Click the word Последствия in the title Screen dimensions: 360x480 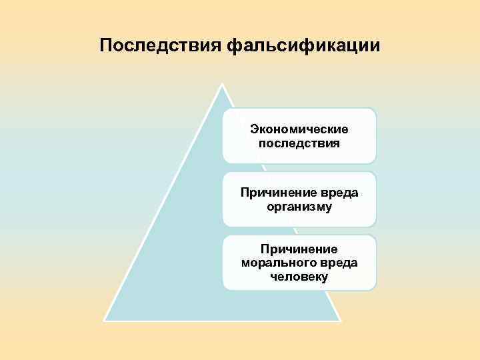point(160,45)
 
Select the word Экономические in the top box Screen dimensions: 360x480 point(299,129)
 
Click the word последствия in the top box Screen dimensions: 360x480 point(299,143)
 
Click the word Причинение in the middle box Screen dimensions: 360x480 point(275,193)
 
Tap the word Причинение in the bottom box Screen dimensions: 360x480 point(299,249)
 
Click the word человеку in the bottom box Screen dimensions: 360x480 point(299,277)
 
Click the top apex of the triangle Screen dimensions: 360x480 point(223,85)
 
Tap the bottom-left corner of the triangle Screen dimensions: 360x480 point(105,320)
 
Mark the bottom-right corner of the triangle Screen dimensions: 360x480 point(340,320)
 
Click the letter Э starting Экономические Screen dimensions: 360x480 point(253,129)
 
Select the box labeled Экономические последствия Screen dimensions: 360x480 point(299,136)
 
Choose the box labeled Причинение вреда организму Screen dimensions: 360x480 point(299,199)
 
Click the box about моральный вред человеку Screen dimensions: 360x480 point(299,262)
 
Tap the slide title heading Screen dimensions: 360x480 point(240,45)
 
